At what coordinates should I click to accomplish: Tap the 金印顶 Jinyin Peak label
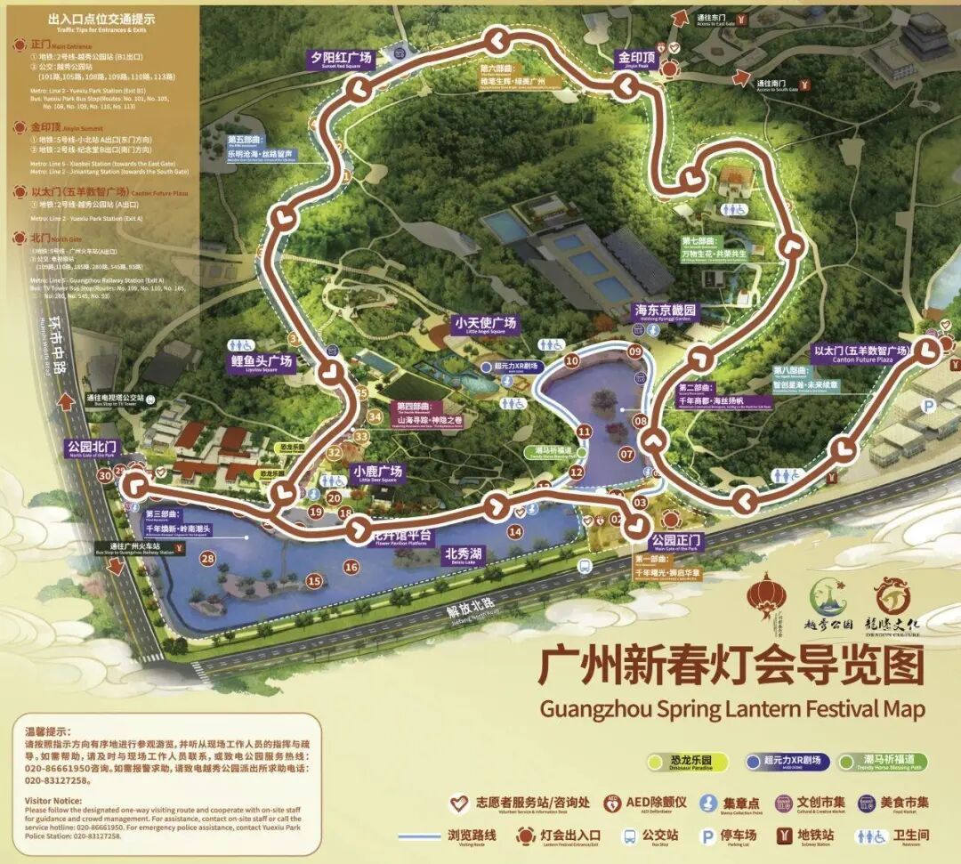(636, 59)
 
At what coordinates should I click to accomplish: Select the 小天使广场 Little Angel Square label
(484, 324)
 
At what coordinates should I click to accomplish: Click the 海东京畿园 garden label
(664, 312)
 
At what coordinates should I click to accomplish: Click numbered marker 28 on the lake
(207, 559)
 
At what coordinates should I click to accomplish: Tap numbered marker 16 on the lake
(351, 567)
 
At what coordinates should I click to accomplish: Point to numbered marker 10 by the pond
(571, 360)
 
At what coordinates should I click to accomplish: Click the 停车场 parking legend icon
(708, 836)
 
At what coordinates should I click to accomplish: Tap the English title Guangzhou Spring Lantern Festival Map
(731, 709)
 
